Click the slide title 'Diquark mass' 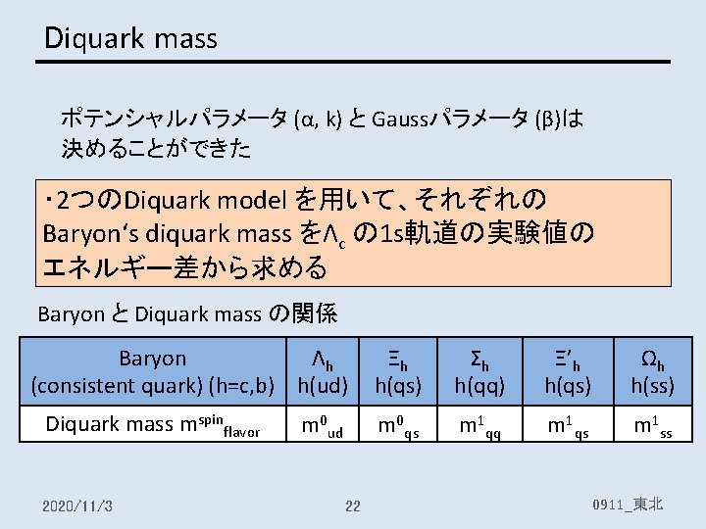pos(131,38)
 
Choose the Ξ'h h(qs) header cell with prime pos(568,372)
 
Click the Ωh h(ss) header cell pos(652,372)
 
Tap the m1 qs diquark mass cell pos(568,424)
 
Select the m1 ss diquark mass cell pos(652,424)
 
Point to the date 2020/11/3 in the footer pos(78,505)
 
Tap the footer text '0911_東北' pos(629,505)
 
